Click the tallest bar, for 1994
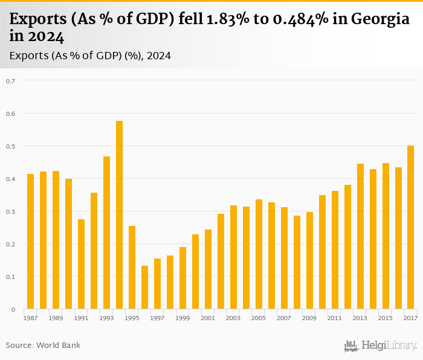coord(119,215)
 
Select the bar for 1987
coord(30,242)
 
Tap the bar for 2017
coord(411,227)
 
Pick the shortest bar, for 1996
coord(144,288)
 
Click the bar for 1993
coord(106,233)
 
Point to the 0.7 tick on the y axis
coord(10,81)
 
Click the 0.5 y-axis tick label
coord(10,146)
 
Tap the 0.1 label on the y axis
coord(10,277)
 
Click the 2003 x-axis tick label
coord(233,318)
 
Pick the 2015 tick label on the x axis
coord(385,318)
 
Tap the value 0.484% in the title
coord(292,20)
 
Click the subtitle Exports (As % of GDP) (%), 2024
coord(90,56)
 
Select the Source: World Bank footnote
coord(43,346)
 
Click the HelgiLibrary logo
coord(380,346)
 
